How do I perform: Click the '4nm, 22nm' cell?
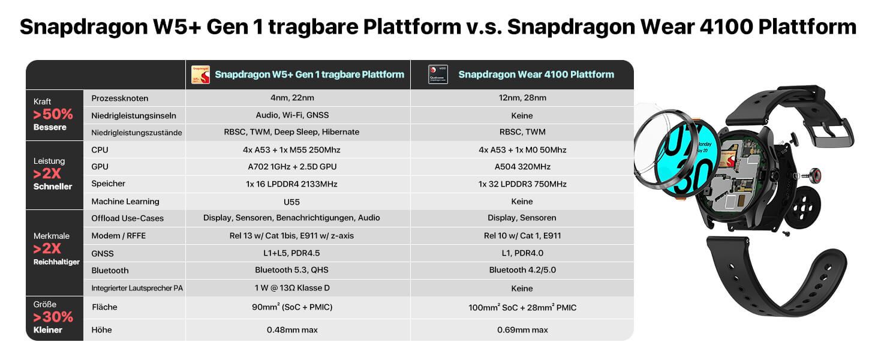pyautogui.click(x=297, y=98)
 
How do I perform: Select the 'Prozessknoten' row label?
pyautogui.click(x=119, y=98)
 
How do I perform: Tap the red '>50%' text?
pyautogui.click(x=53, y=114)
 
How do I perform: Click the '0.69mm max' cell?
pyautogui.click(x=522, y=329)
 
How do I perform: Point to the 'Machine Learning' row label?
pyautogui.click(x=125, y=202)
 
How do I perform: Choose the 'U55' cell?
pyautogui.click(x=298, y=202)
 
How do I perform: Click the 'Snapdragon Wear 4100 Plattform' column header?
pyautogui.click(x=536, y=74)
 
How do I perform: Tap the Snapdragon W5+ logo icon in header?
pyautogui.click(x=200, y=74)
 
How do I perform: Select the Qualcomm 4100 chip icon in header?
pyautogui.click(x=438, y=74)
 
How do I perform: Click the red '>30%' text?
pyautogui.click(x=53, y=317)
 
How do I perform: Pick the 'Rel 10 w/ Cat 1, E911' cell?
pyautogui.click(x=522, y=236)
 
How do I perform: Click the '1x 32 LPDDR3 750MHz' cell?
pyautogui.click(x=522, y=184)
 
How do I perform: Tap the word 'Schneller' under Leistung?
pyautogui.click(x=53, y=187)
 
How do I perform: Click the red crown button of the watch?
pyautogui.click(x=816, y=176)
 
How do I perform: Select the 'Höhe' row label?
pyautogui.click(x=101, y=329)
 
